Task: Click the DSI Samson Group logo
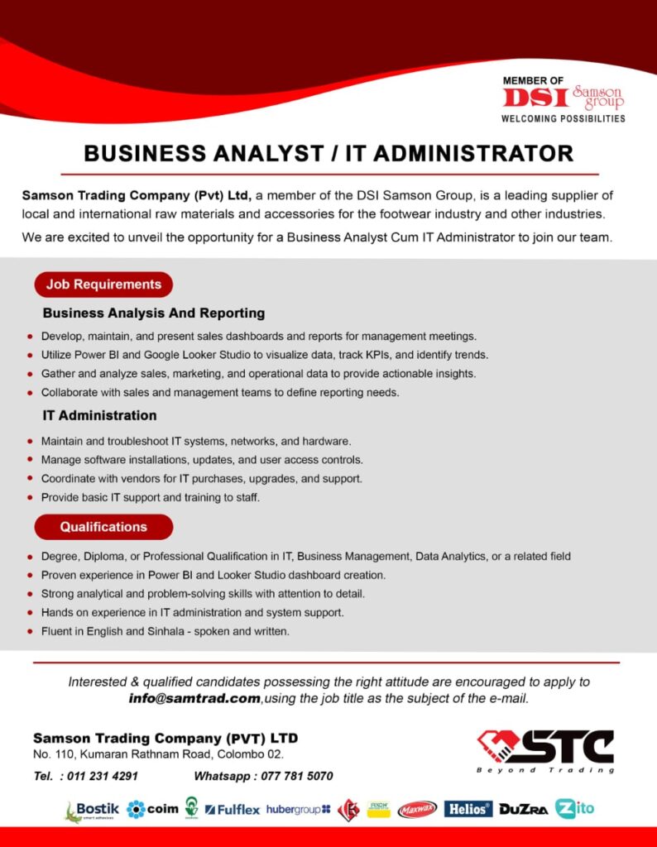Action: [563, 99]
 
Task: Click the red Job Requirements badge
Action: [103, 285]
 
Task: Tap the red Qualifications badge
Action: [103, 527]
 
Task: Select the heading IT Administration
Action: [99, 415]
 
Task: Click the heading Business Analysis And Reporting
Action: [154, 313]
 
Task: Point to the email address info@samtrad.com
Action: [194, 699]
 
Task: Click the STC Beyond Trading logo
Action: [546, 749]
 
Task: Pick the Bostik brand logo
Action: [92, 810]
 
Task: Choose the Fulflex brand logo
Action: [233, 810]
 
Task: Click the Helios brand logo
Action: [468, 809]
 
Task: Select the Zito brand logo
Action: [575, 808]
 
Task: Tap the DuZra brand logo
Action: [523, 810]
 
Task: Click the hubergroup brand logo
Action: [298, 809]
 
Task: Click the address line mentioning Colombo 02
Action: [159, 754]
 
